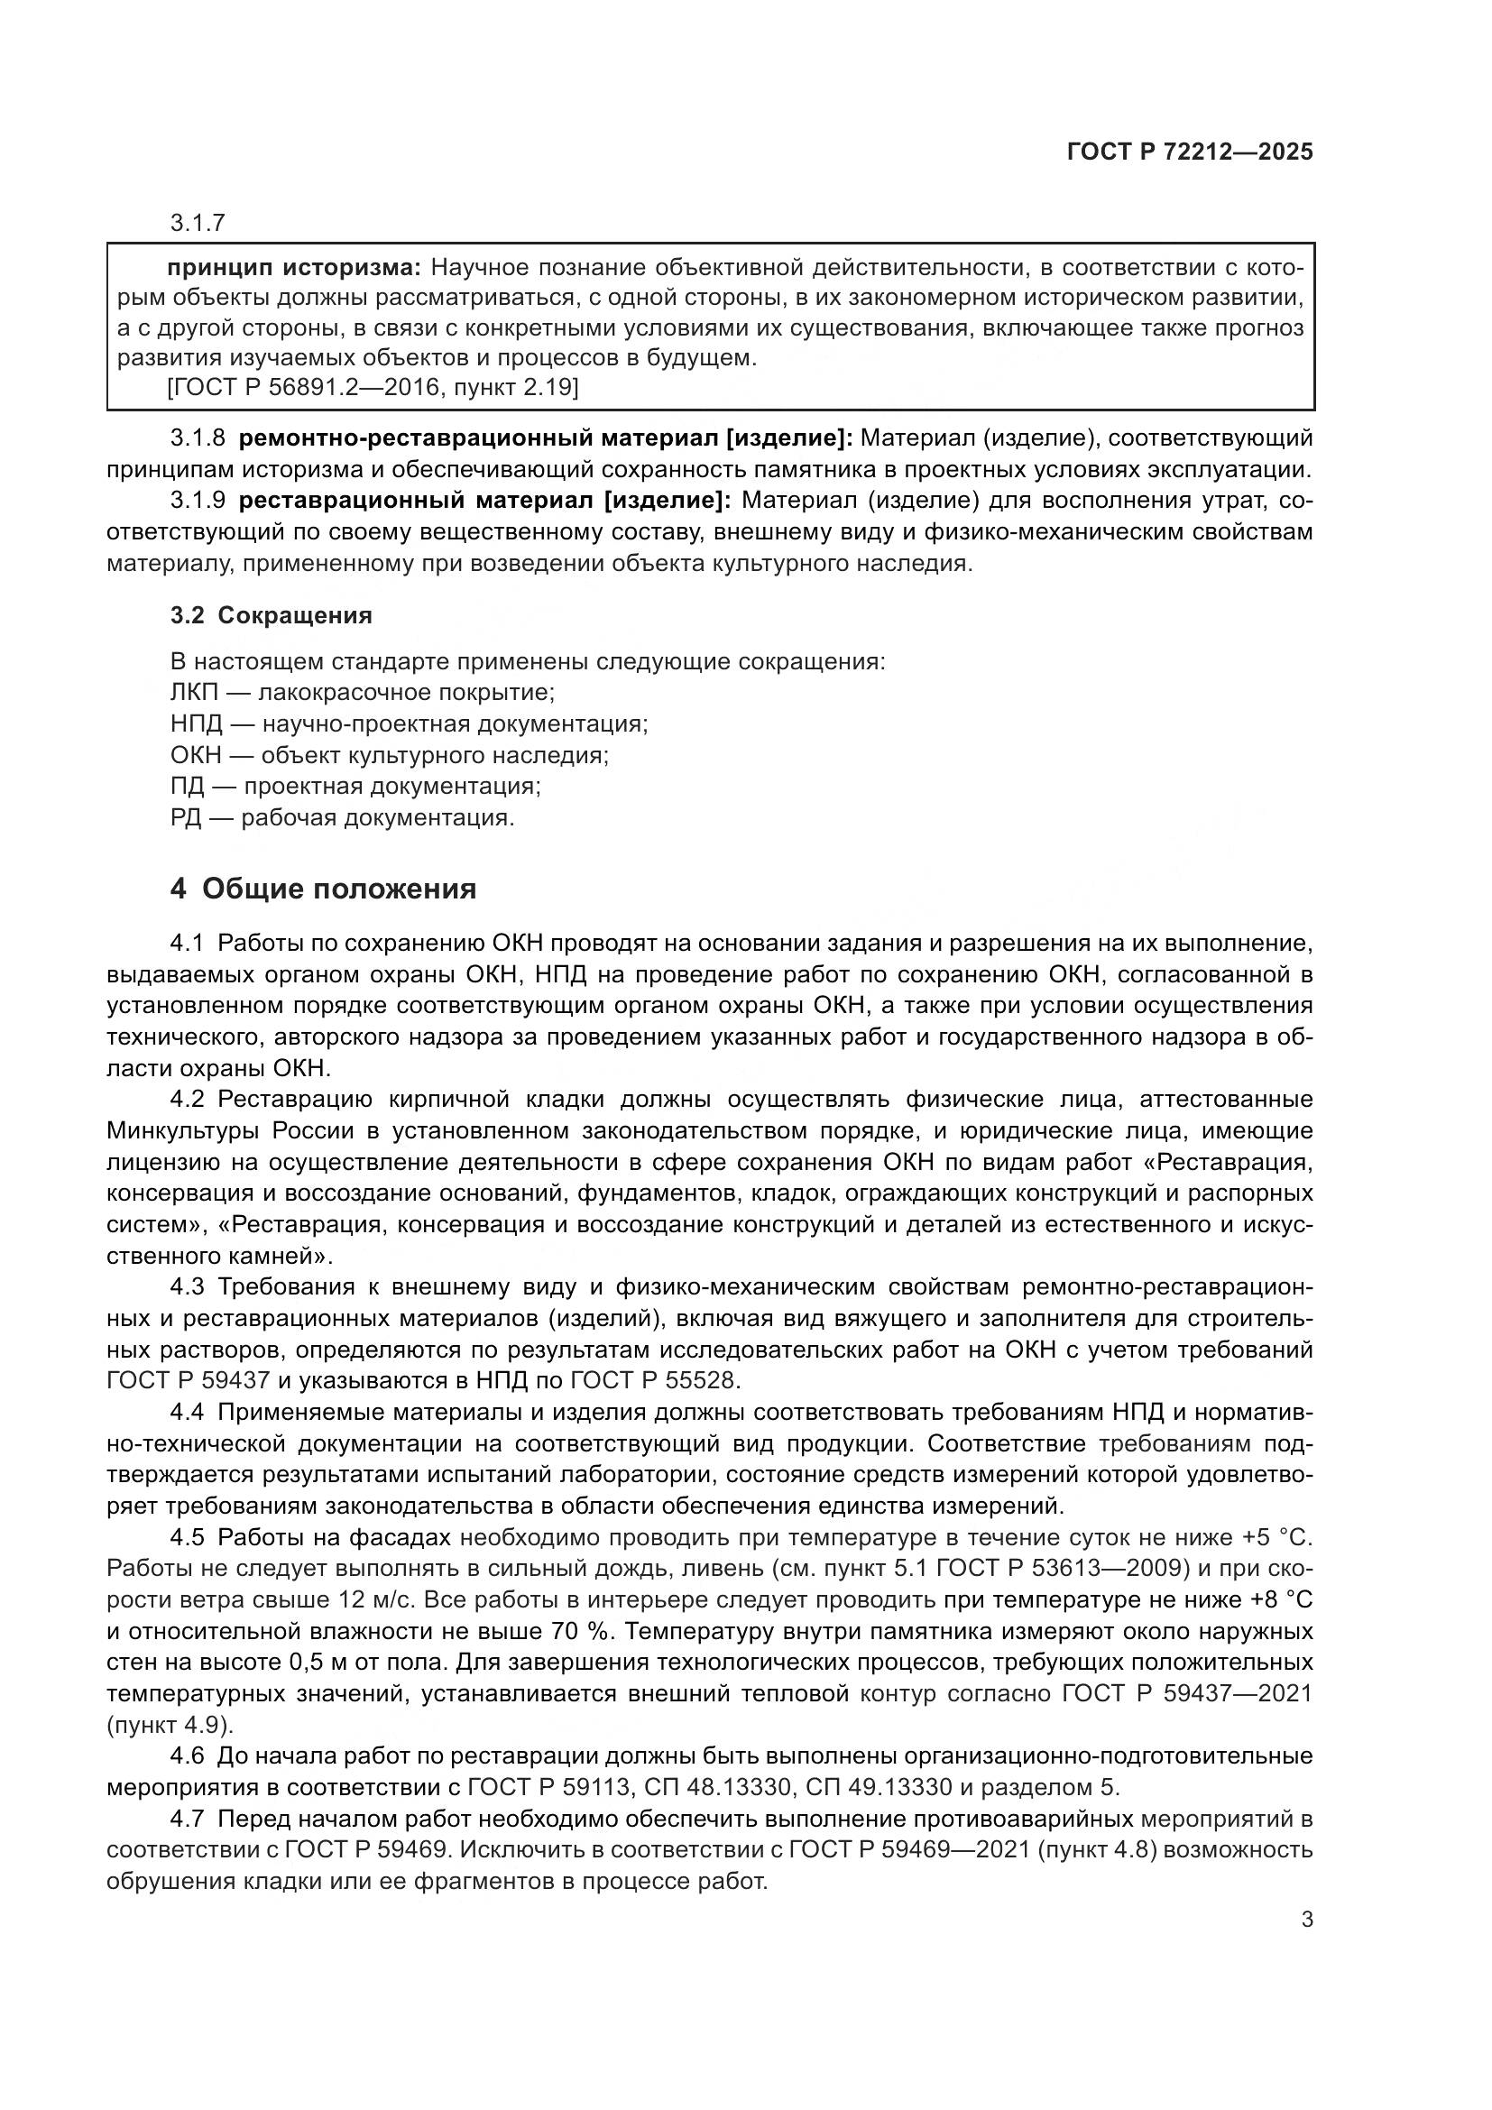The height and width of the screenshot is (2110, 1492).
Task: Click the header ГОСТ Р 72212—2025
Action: [x=1190, y=152]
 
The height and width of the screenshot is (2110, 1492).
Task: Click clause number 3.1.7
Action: [x=198, y=223]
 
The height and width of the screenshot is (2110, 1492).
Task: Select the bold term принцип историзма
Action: [x=293, y=267]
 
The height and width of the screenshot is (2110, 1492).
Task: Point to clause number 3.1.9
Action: [x=198, y=501]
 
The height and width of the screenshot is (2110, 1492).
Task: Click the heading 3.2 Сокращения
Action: [x=271, y=615]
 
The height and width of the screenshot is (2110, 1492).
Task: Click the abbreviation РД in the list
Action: [x=186, y=817]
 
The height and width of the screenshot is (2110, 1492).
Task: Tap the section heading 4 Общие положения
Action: [x=324, y=889]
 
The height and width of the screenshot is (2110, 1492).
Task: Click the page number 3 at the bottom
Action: [x=1306, y=1920]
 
